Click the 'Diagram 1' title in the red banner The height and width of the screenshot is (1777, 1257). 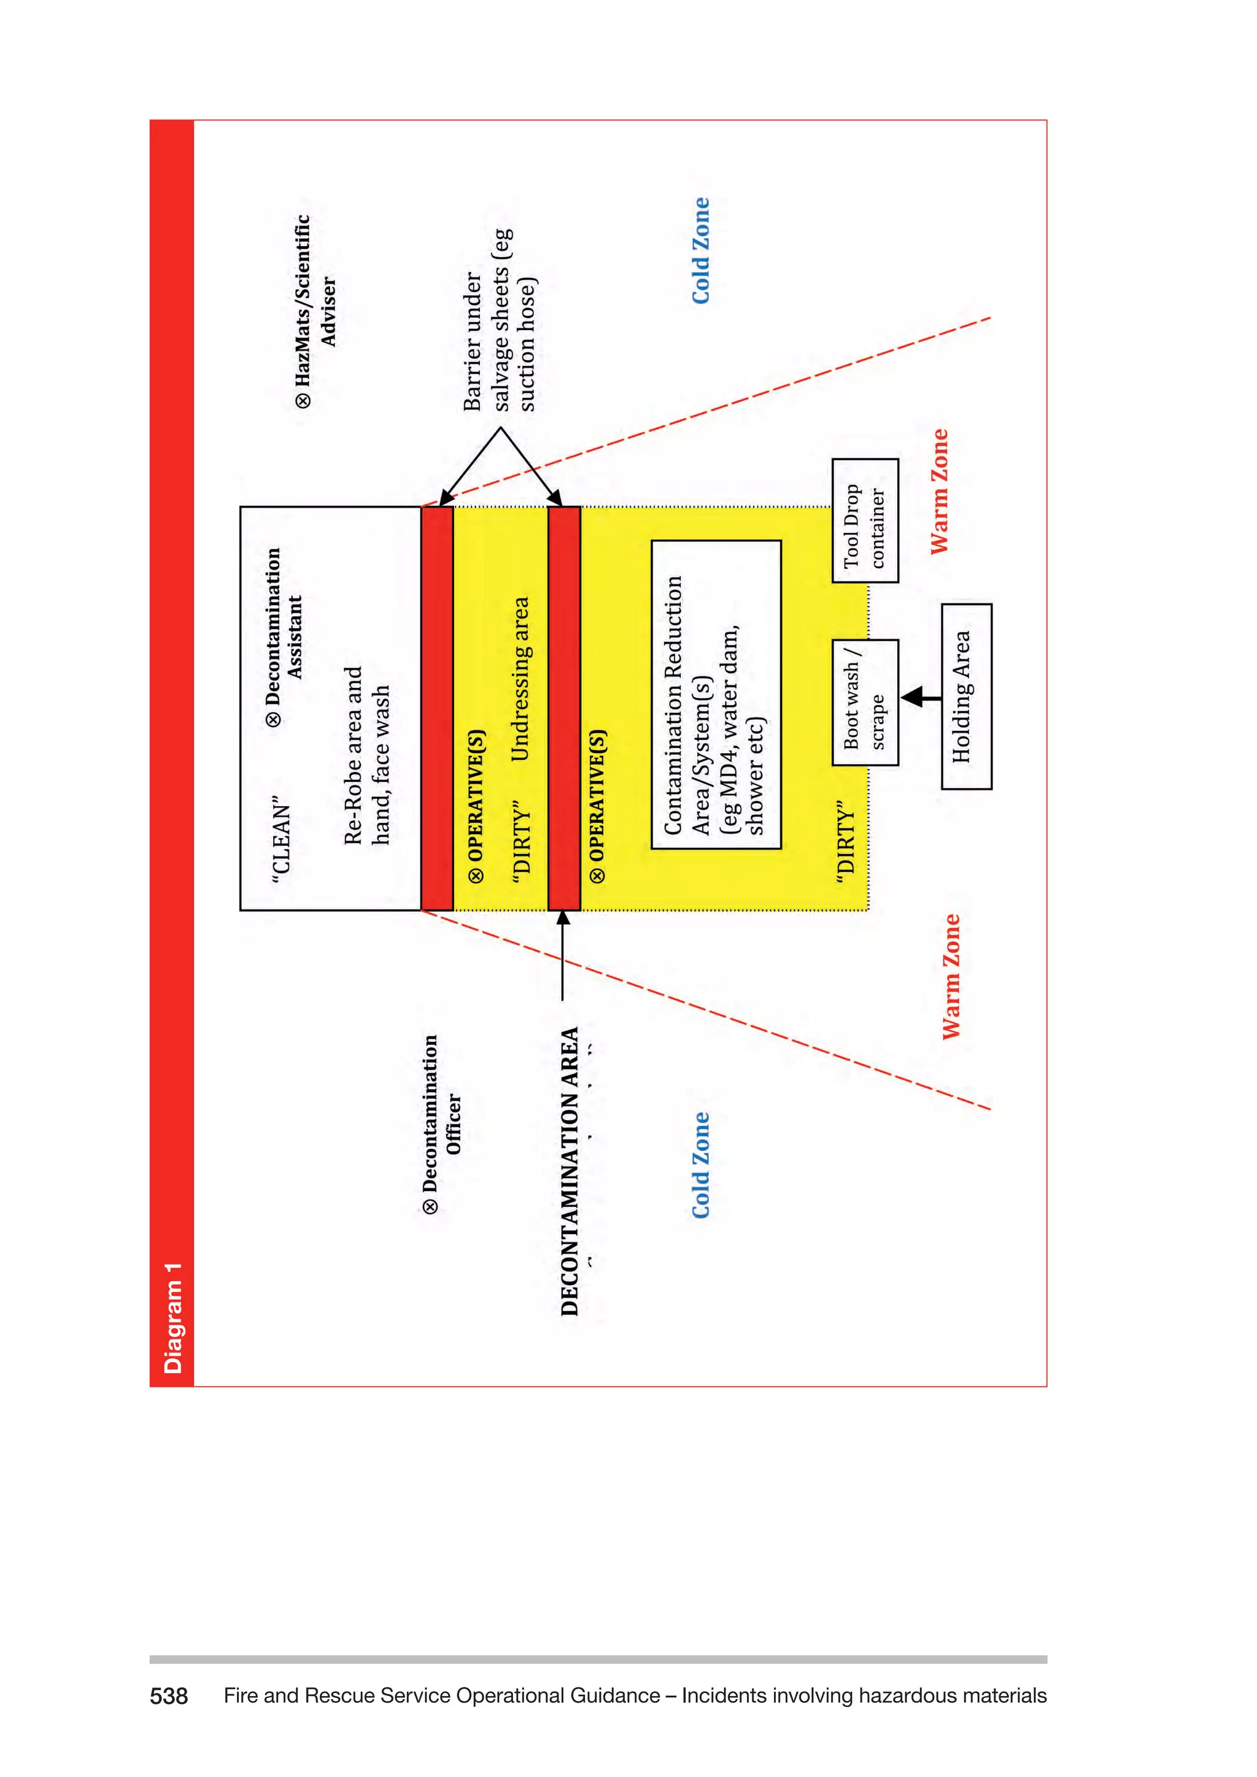click(x=172, y=1317)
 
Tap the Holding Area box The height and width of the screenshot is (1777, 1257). click(x=966, y=696)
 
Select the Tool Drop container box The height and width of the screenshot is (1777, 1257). click(x=865, y=521)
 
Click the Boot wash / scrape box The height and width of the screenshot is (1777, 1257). click(x=865, y=703)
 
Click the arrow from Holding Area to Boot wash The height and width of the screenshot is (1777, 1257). click(x=919, y=696)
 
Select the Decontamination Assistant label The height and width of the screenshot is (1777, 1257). click(x=284, y=636)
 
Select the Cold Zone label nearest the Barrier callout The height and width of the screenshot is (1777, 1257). click(x=700, y=251)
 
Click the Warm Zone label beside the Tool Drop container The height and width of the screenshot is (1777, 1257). click(x=939, y=491)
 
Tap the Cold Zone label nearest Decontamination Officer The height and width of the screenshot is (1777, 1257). click(x=700, y=1165)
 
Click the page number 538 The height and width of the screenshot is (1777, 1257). click(x=169, y=1696)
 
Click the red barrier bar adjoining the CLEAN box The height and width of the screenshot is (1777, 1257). click(x=436, y=708)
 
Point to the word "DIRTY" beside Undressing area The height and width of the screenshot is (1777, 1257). click(x=522, y=842)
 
